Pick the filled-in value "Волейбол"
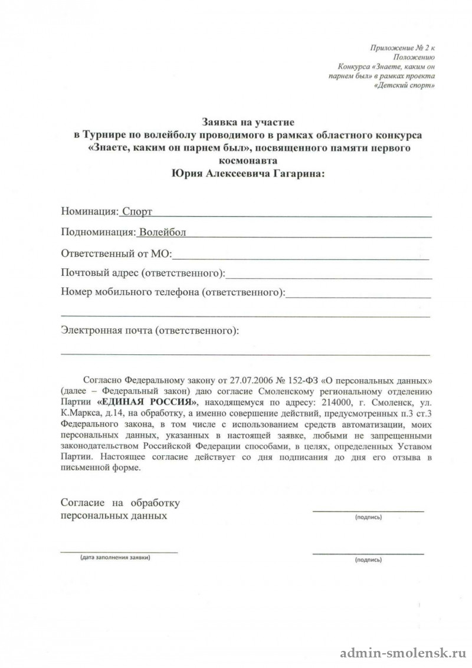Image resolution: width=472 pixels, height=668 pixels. point(161,232)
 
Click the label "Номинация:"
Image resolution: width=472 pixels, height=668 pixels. point(88,211)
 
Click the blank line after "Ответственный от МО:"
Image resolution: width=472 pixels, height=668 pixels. point(301,255)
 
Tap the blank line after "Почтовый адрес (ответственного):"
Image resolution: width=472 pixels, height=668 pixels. point(329,274)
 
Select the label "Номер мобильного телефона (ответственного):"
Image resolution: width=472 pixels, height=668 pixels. point(173,292)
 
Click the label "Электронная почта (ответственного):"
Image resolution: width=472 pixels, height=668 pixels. point(150,331)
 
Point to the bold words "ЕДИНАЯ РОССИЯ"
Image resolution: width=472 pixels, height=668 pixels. point(146,401)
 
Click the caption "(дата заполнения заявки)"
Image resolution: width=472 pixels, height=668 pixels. point(116,557)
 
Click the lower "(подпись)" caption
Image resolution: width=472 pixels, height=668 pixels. point(368,560)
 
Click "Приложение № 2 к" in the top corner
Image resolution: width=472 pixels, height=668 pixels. point(402,47)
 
